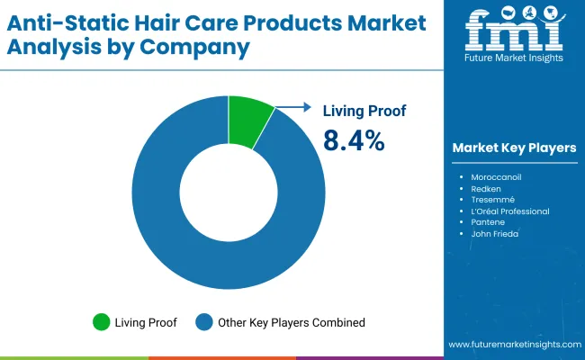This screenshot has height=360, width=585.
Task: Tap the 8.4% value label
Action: pyautogui.click(x=354, y=140)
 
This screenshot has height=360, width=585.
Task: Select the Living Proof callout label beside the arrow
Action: pyautogui.click(x=364, y=111)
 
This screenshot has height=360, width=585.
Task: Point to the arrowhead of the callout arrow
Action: pyautogui.click(x=309, y=107)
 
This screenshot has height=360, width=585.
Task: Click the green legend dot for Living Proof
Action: pyautogui.click(x=101, y=322)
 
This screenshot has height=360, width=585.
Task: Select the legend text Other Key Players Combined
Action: pyautogui.click(x=290, y=322)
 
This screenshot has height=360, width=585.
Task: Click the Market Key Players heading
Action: pyautogui.click(x=514, y=147)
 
